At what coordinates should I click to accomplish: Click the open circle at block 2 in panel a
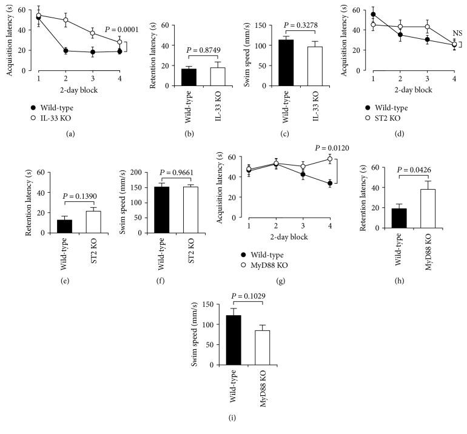click(65, 20)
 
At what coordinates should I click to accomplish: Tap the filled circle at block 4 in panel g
click(329, 184)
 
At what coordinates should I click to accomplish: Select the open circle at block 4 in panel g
click(329, 159)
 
